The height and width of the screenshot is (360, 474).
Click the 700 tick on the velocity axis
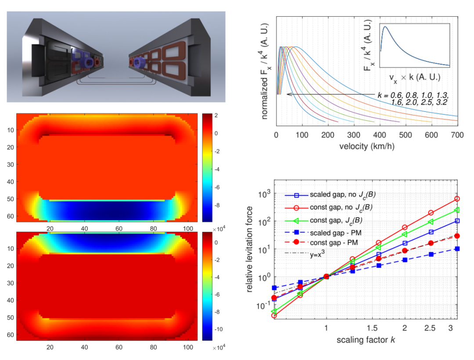(x=457, y=135)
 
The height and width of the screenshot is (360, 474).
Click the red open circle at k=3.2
(x=457, y=199)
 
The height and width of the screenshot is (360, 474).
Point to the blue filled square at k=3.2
(x=457, y=249)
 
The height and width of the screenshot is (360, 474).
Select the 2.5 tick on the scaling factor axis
(x=431, y=329)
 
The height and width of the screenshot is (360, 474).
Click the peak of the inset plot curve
(x=386, y=27)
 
